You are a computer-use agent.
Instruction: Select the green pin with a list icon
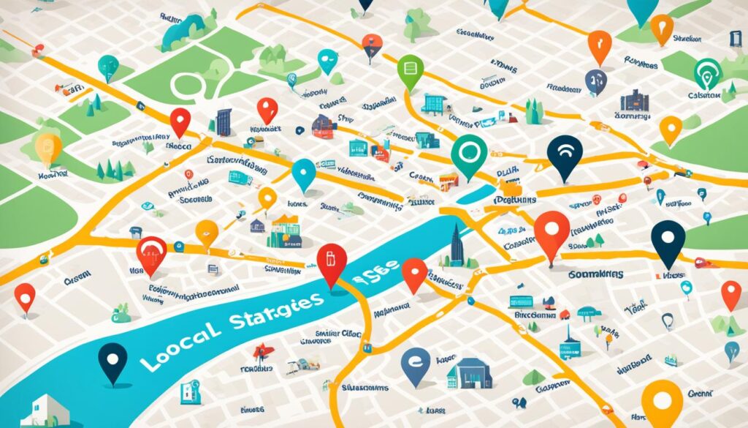tap(410, 71)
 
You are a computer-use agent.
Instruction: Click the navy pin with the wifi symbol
tap(565, 155)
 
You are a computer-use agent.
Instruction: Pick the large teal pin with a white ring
tap(468, 153)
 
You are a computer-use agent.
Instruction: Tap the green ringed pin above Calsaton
tap(707, 71)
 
